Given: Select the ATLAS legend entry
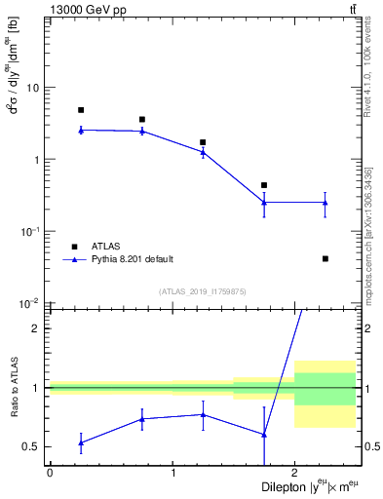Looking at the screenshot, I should [x=107, y=247].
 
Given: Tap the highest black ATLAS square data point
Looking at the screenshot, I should [x=81, y=110].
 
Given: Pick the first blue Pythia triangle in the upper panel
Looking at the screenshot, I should [x=81, y=130].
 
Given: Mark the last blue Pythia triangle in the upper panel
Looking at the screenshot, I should [x=325, y=202].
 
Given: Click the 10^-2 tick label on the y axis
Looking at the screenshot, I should [x=30, y=303].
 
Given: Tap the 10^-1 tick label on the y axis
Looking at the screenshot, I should [x=30, y=231].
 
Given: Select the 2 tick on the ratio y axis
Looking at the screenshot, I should [x=36, y=328].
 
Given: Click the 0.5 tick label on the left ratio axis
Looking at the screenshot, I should [x=32, y=446].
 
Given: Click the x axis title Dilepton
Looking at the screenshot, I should [x=287, y=485].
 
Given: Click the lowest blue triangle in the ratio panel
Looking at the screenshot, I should [x=81, y=442].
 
